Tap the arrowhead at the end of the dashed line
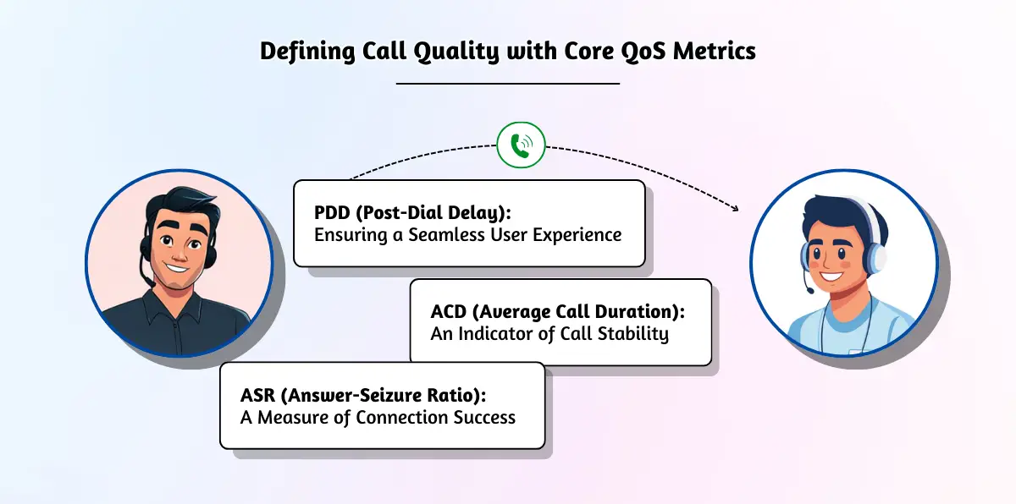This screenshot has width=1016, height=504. pyautogui.click(x=735, y=209)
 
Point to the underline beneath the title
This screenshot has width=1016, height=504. pyautogui.click(x=508, y=84)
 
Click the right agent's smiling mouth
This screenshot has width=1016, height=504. pyautogui.click(x=832, y=276)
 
